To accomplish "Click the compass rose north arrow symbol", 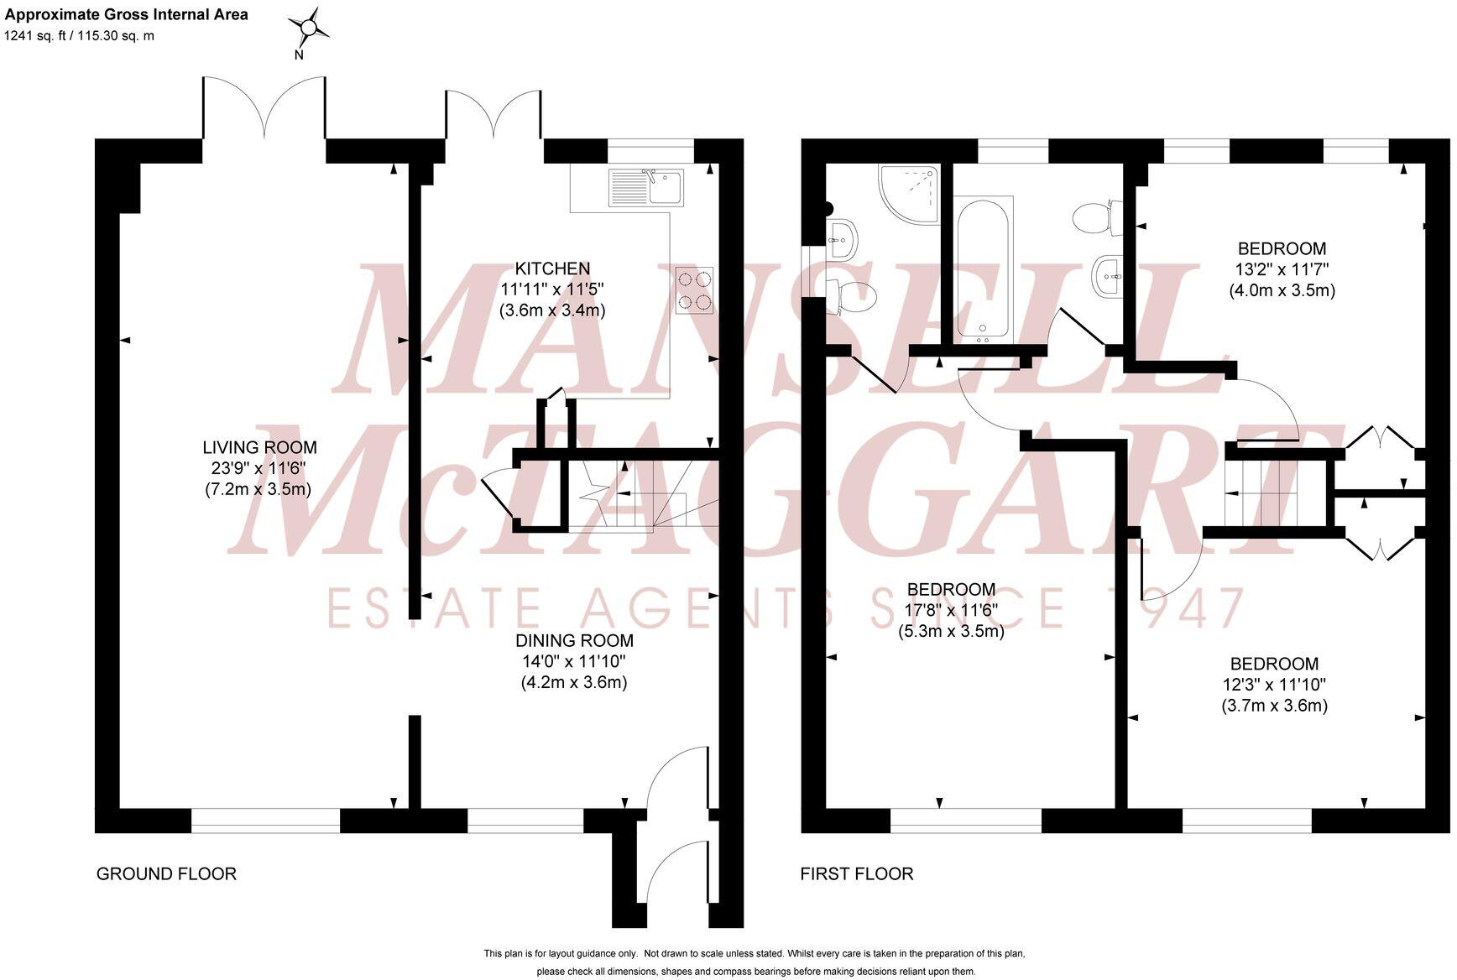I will pyautogui.click(x=308, y=29).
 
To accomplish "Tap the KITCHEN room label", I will pyautogui.click(x=552, y=268).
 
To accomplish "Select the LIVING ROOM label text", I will pyautogui.click(x=260, y=448).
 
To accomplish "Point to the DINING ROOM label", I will pyautogui.click(x=574, y=641).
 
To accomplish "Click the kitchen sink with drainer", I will pyautogui.click(x=647, y=186).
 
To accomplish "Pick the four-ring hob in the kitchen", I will pyautogui.click(x=695, y=290).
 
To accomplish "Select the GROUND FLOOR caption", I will pyautogui.click(x=166, y=873).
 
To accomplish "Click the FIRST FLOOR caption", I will pyautogui.click(x=856, y=873).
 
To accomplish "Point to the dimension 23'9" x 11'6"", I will pyautogui.click(x=259, y=468).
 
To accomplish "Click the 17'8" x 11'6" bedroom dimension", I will pyautogui.click(x=951, y=610).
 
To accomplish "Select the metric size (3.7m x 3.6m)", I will pyautogui.click(x=1274, y=706).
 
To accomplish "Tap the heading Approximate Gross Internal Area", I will pyautogui.click(x=126, y=14).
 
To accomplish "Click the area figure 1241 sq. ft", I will pyautogui.click(x=34, y=36).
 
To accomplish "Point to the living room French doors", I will pyautogui.click(x=264, y=109).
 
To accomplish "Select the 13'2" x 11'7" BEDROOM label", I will pyautogui.click(x=1282, y=248).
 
